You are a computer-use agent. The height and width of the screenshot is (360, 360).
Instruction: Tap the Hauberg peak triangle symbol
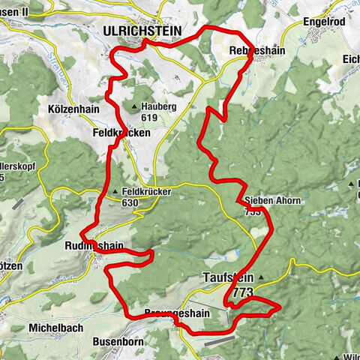[134, 107]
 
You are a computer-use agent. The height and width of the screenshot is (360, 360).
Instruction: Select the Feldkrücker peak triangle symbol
[115, 193]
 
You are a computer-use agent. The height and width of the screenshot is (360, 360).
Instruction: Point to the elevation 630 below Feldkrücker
[130, 202]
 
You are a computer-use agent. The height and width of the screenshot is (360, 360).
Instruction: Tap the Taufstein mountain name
[229, 277]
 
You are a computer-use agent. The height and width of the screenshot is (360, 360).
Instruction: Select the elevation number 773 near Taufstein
[242, 291]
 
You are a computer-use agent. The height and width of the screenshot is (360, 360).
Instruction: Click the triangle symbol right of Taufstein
[261, 277]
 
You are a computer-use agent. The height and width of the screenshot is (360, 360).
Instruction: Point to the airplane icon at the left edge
[16, 203]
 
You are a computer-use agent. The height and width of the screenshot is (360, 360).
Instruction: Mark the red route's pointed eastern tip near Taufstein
[280, 307]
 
